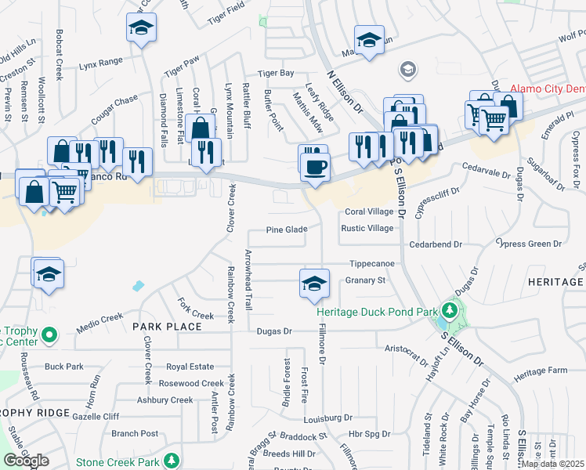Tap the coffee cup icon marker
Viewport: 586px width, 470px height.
[315, 167]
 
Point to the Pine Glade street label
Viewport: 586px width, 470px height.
[284, 230]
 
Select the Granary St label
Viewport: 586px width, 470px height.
[366, 280]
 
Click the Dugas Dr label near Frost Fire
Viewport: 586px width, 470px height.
[274, 331]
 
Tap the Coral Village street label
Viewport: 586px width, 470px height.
[369, 212]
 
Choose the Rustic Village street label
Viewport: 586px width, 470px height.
[367, 228]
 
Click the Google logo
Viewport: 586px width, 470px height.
[26, 461]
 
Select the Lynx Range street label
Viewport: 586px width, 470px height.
[101, 60]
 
